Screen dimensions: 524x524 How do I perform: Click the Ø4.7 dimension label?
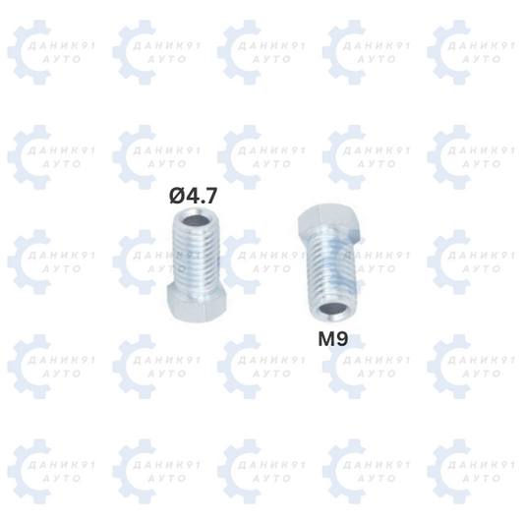193,196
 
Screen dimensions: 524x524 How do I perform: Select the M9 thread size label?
333,339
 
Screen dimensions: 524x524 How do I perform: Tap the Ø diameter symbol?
177,196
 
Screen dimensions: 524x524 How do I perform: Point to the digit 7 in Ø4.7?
210,196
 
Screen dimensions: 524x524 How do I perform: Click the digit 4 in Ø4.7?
193,196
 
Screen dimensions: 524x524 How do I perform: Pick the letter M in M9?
325,339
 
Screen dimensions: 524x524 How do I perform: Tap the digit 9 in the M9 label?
341,339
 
